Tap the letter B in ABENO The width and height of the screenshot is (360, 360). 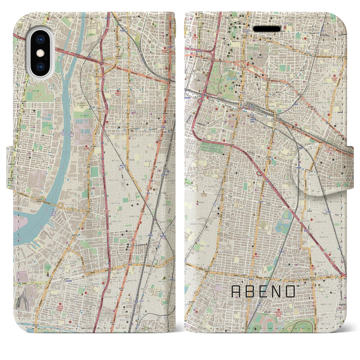point(251,292)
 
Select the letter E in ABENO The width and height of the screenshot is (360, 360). point(265,292)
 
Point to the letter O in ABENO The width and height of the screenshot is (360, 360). point(290,292)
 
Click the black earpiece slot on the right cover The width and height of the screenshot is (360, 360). point(267,29)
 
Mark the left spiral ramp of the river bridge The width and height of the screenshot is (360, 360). point(42,199)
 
